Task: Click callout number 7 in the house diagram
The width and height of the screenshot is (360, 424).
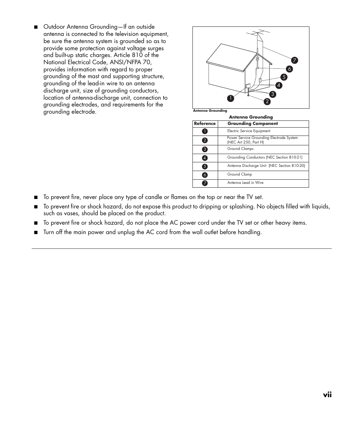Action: pos(294,60)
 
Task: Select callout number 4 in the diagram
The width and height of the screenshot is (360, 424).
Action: pos(279,85)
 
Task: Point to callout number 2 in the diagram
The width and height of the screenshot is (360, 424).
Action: pos(266,101)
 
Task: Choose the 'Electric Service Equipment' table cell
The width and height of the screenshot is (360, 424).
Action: pos(249,131)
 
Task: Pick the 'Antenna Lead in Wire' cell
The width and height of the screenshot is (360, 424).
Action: pos(245,183)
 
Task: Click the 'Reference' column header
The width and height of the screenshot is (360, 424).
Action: pos(205,123)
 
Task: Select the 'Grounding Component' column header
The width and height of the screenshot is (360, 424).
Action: pos(252,123)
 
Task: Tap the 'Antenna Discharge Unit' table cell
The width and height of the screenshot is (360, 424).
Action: pos(266,166)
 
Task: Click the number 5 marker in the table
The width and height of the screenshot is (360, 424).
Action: pos(205,166)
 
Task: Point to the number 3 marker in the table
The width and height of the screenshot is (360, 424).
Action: pos(205,149)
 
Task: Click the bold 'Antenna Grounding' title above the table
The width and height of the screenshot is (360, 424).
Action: pos(251,117)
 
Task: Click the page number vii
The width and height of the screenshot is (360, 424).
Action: pos(327,394)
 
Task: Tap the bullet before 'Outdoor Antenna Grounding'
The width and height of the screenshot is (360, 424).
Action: pos(36,27)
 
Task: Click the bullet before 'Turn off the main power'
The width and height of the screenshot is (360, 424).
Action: pos(36,233)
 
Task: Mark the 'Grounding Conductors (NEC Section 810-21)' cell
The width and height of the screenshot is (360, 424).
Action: pos(265,157)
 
